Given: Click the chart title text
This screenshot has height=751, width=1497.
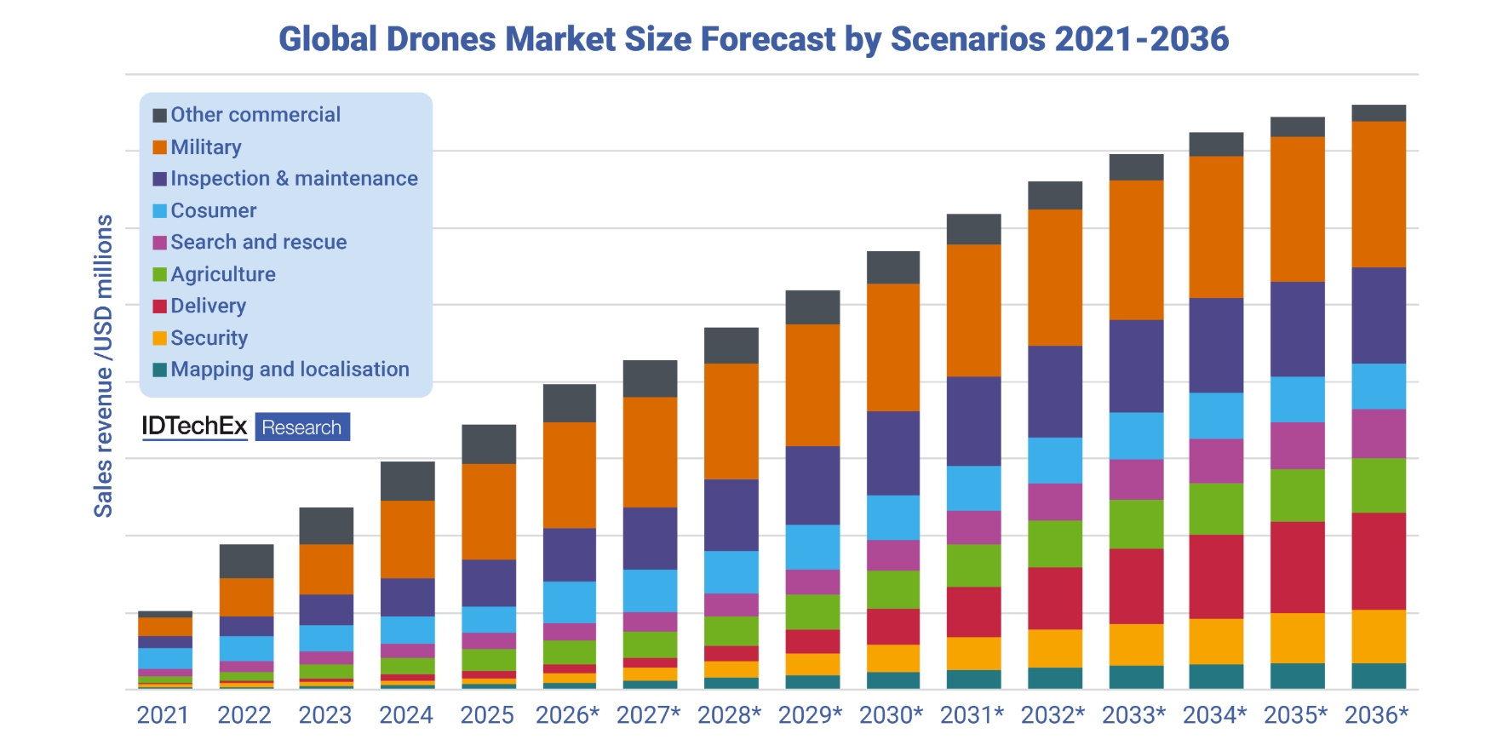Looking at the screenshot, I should tap(754, 39).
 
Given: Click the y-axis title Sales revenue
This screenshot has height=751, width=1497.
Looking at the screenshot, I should tap(103, 366).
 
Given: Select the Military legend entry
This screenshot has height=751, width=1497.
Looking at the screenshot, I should tap(205, 147).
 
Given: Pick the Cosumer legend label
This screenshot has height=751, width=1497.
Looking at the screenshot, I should tap(213, 210).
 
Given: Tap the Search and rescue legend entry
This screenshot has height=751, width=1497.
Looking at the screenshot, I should tap(258, 242).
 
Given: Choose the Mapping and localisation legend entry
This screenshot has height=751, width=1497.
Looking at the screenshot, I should tap(290, 370).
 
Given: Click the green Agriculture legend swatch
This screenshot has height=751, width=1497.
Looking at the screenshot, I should tap(159, 274).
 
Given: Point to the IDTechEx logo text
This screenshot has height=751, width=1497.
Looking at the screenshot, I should tap(194, 426).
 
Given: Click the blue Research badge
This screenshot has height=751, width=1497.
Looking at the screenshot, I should tap(301, 427).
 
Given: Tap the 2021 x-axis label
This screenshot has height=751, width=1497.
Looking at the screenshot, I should tap(163, 715).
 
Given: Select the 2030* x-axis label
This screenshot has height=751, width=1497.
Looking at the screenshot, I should tap(891, 715).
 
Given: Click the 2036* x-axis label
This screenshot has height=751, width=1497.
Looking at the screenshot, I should tap(1376, 715).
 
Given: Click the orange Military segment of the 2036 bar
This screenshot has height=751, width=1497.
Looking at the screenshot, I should tap(1378, 194).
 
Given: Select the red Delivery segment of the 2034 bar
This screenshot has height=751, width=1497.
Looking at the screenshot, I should tap(1216, 576).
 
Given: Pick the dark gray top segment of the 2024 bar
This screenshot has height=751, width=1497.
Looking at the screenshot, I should tap(407, 481).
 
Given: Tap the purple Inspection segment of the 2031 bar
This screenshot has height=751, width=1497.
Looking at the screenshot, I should tap(973, 421).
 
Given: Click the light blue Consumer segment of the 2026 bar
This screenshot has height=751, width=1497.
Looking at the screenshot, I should tap(569, 602).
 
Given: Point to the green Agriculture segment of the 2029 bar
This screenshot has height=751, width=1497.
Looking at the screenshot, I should tap(812, 611).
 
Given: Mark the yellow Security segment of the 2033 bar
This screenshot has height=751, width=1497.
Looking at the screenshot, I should tap(1136, 645).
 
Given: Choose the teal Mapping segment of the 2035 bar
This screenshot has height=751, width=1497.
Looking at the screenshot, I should tap(1297, 675).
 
